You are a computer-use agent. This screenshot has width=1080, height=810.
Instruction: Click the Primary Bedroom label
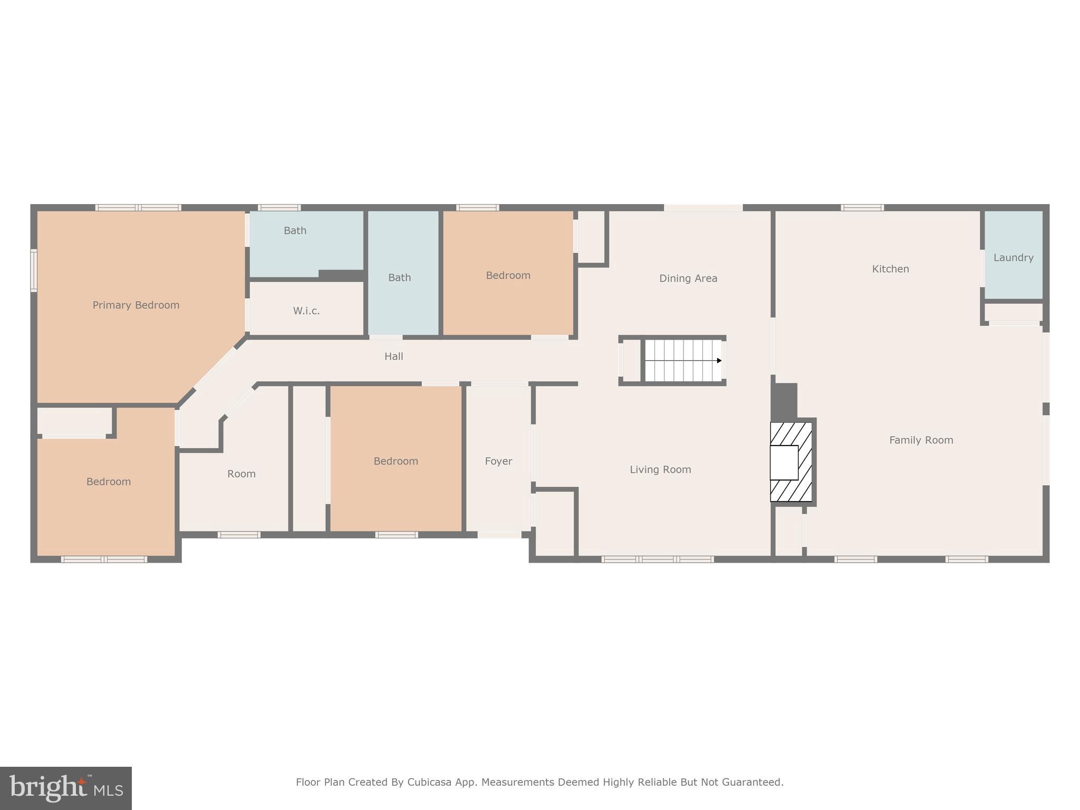pos(136,305)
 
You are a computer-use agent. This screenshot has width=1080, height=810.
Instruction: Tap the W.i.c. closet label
pos(306,311)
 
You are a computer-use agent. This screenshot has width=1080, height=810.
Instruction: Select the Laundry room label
pos(1013,258)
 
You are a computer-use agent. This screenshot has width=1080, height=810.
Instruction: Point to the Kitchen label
pos(890,269)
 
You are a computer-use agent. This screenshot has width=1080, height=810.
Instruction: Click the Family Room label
pos(921,440)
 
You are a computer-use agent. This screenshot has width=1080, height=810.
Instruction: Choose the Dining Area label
pos(688,278)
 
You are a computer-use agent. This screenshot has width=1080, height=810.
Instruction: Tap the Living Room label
pos(660,470)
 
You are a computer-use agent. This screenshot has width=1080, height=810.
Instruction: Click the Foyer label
pos(498,461)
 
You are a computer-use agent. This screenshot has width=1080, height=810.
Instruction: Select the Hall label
pos(393,356)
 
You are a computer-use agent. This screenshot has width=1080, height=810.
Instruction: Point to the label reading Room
pos(242,474)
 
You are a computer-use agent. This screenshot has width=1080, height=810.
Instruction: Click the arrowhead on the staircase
pos(719,361)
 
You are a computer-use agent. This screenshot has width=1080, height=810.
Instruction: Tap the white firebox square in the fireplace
pos(784,462)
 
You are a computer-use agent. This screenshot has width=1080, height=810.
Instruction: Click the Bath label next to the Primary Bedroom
pos(295,230)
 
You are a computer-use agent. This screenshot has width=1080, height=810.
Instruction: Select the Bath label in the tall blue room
pos(399,277)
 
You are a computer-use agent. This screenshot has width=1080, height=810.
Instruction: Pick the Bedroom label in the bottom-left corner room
pos(109,482)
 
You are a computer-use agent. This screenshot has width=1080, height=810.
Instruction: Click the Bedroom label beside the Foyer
pos(396,461)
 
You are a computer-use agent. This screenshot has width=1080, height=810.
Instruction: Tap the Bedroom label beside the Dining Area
pos(508,275)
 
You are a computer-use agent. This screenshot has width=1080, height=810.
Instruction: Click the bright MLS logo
pos(66,788)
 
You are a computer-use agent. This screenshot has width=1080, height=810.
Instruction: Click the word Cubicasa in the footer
pos(429,782)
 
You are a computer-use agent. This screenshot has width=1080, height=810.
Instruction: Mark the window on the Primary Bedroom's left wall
pos(34,271)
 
